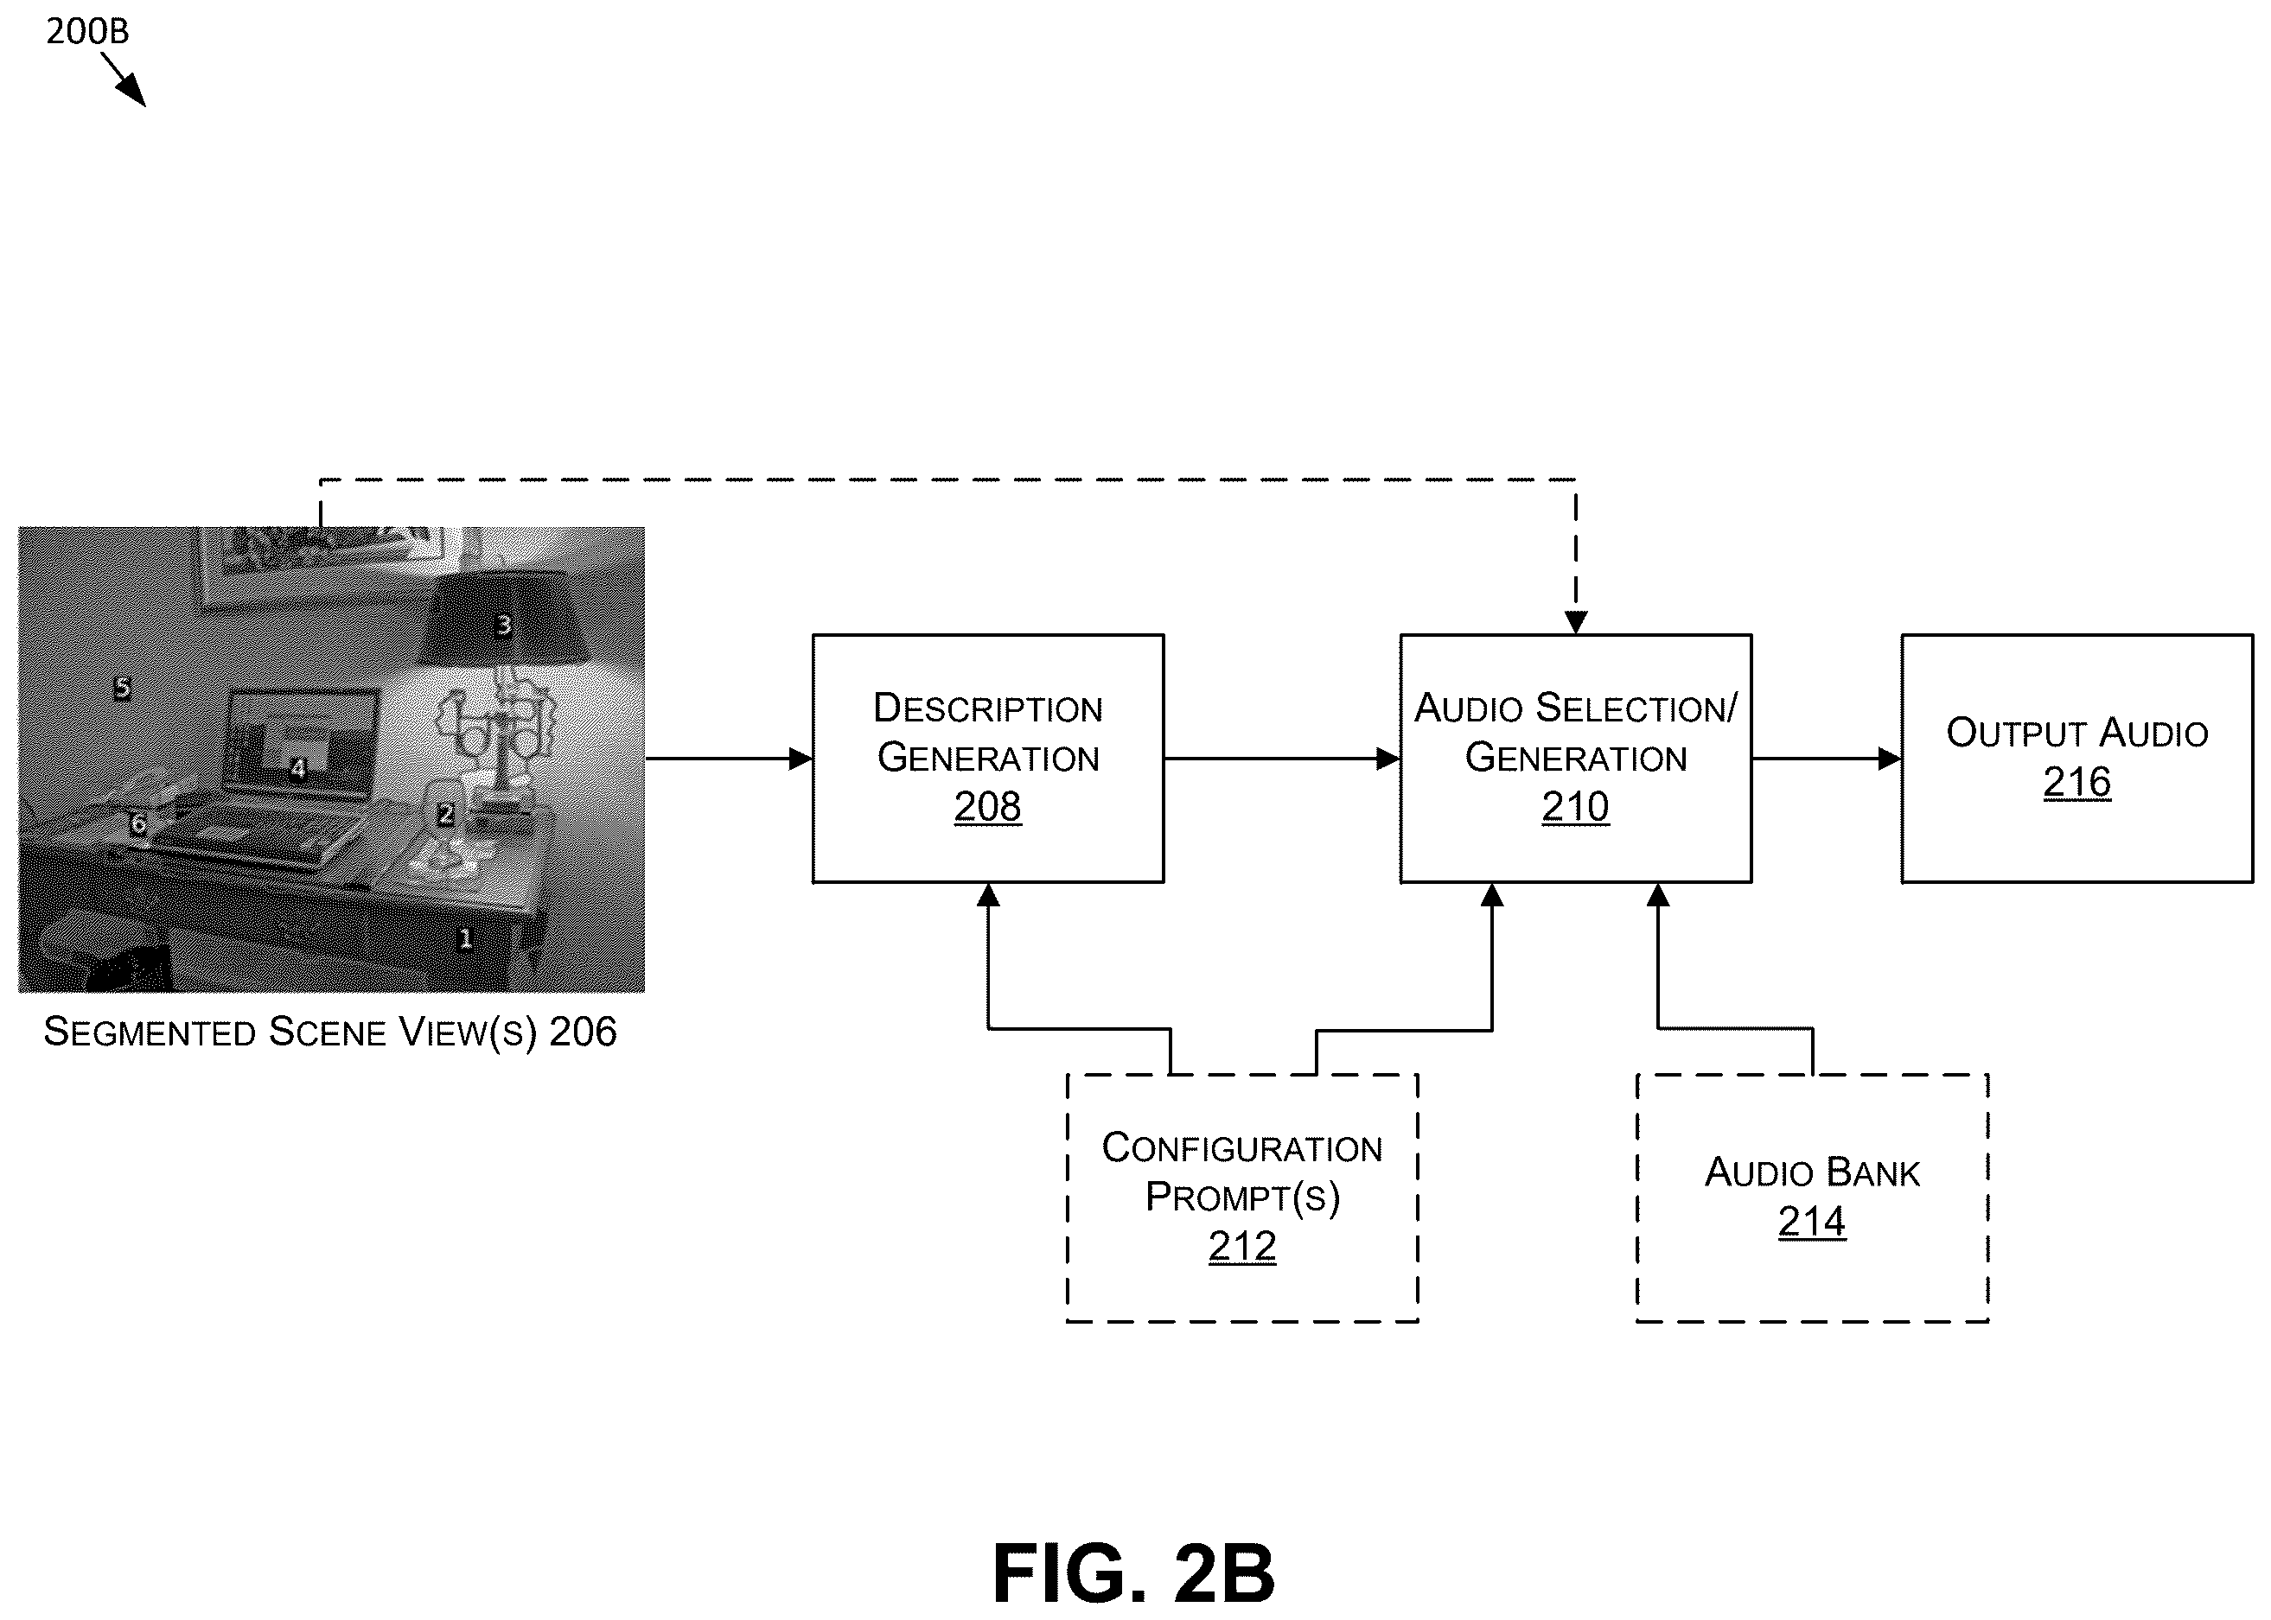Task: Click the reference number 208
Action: [987, 806]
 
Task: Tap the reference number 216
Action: [2076, 782]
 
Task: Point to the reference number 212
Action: [1241, 1246]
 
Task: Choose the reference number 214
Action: [1812, 1221]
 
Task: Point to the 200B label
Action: [88, 32]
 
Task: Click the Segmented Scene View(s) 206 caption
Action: [330, 1032]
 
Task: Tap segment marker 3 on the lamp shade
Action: [503, 626]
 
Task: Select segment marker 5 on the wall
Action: [122, 687]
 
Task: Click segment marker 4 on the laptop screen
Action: [297, 768]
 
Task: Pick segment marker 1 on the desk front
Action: [464, 938]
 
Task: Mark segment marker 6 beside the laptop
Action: [137, 824]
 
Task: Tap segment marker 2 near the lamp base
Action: [445, 814]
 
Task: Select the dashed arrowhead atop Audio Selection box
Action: [1576, 622]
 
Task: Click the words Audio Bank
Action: [1812, 1172]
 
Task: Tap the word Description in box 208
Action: [988, 708]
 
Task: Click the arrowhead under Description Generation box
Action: [988, 895]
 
